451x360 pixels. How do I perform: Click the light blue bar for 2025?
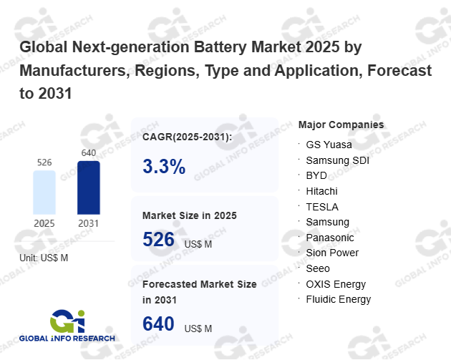pos(44,192)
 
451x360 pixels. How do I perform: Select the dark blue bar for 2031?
pos(89,188)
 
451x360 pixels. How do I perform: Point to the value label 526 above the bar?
pos(44,162)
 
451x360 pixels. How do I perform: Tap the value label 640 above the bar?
pos(89,152)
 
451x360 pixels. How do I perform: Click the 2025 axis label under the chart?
pos(44,223)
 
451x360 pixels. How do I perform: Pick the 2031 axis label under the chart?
pos(89,223)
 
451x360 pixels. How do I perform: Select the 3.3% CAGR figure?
pos(164,167)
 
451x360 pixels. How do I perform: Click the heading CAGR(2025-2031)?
pos(188,137)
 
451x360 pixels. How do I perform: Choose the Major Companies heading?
pos(341,125)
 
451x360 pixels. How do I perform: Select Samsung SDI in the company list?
pos(337,160)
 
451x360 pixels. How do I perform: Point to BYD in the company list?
pos(316,175)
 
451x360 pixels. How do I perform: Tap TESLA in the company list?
pos(321,206)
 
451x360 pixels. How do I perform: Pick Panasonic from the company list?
pos(330,237)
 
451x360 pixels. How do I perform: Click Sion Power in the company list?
pos(332,253)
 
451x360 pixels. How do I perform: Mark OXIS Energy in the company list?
pos(336,284)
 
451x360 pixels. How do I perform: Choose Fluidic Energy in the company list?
pos(339,299)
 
